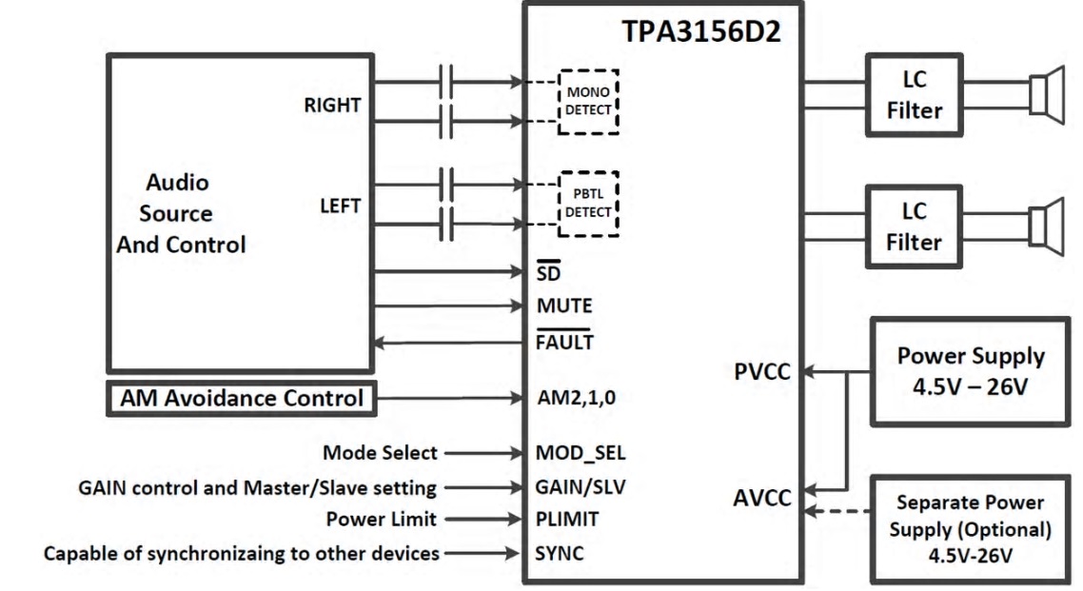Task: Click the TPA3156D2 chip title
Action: pos(702,33)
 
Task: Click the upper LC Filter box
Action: pos(914,96)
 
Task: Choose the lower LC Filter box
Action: pos(914,227)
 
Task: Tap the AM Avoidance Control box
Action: pos(242,398)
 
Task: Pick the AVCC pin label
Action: pos(763,498)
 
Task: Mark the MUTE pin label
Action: pos(564,306)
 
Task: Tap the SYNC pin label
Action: pos(561,553)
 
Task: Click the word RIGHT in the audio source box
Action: pos(332,106)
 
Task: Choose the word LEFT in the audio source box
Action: pos(340,206)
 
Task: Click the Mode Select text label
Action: pos(381,452)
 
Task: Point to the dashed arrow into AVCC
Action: pos(838,512)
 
